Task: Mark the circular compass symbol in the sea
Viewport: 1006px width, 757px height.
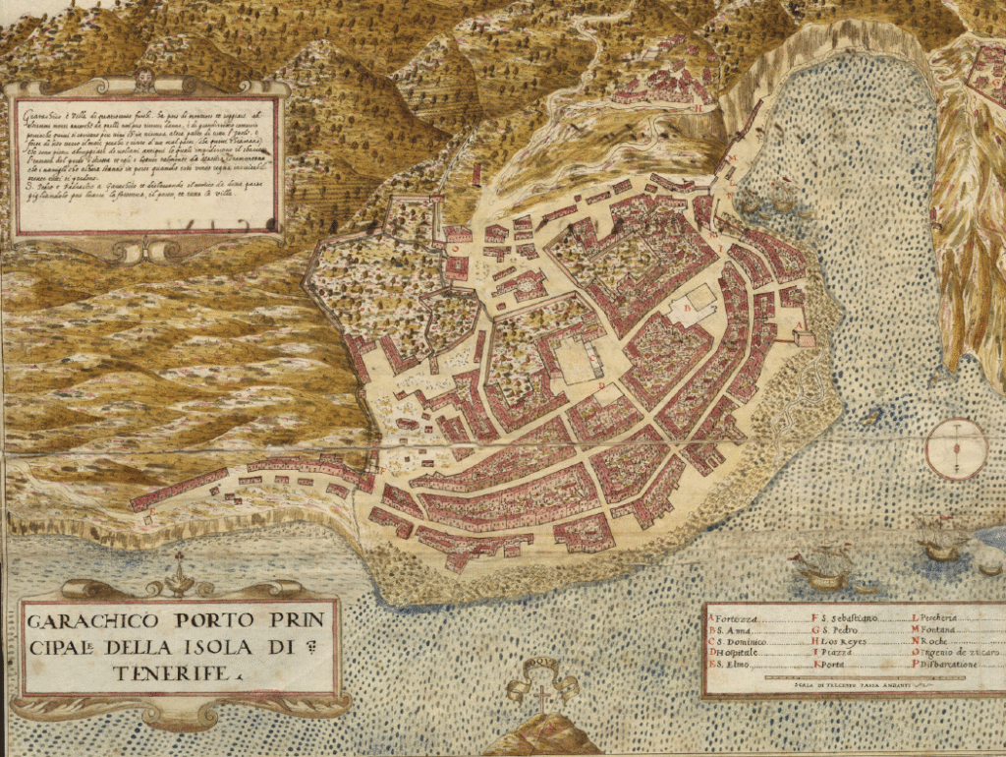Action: (957, 448)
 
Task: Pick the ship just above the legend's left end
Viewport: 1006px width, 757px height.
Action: (823, 568)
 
